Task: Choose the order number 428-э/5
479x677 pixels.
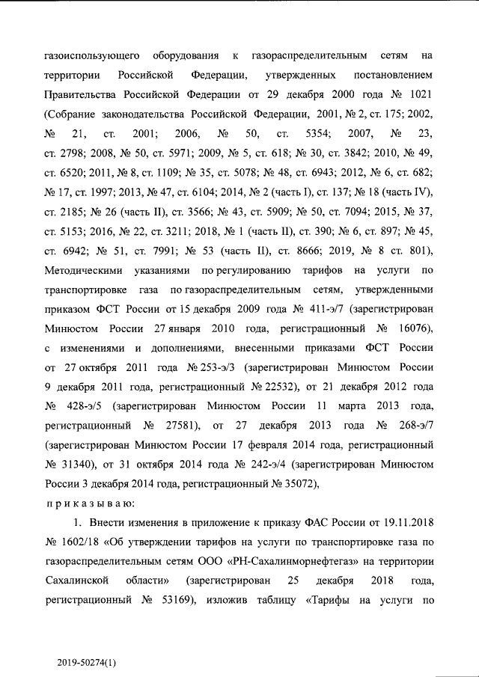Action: (x=84, y=405)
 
